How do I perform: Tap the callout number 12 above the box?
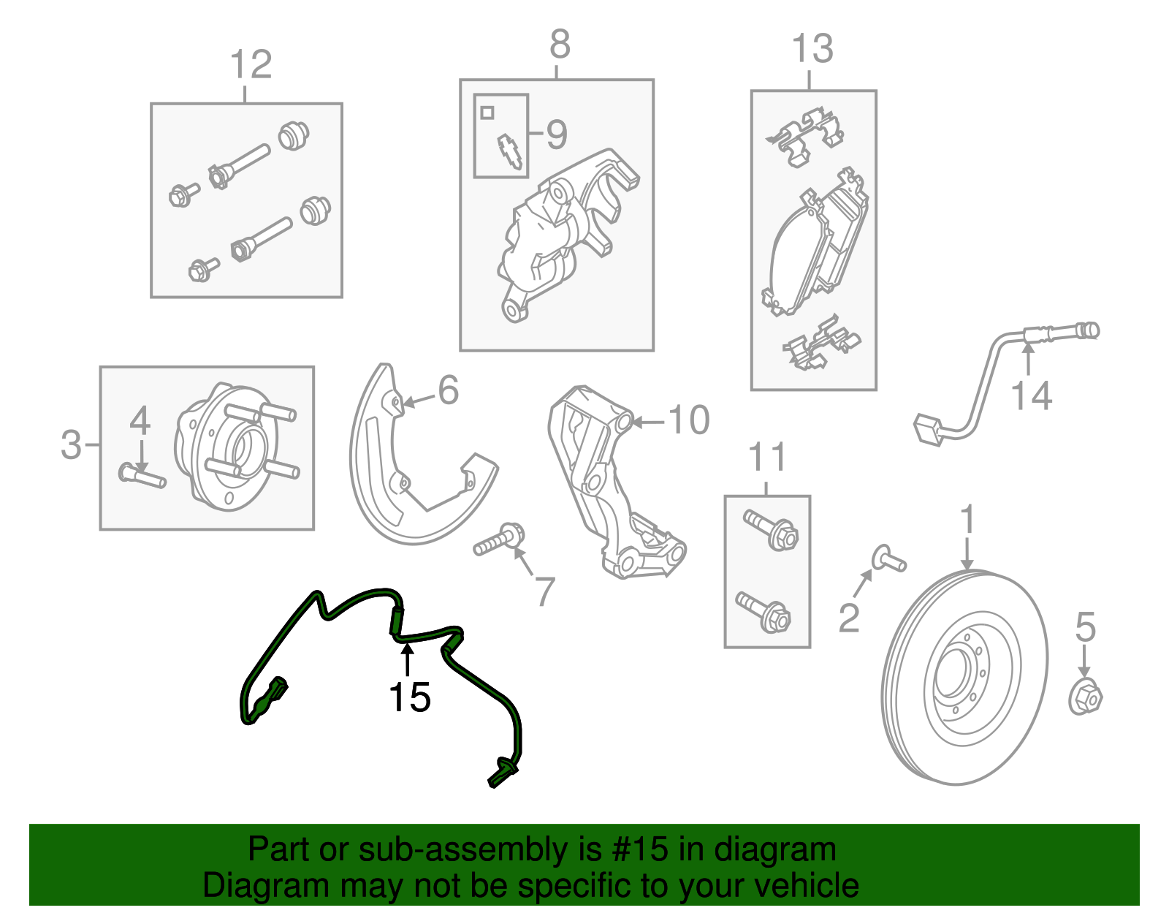(251, 65)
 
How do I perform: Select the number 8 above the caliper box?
(560, 45)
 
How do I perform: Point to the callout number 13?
(812, 49)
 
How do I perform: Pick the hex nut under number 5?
(1085, 697)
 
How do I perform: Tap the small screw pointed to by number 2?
(888, 559)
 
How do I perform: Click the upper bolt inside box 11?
(772, 531)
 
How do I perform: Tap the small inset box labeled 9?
(500, 136)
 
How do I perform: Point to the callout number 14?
(1031, 396)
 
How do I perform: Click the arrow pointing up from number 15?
(407, 658)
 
